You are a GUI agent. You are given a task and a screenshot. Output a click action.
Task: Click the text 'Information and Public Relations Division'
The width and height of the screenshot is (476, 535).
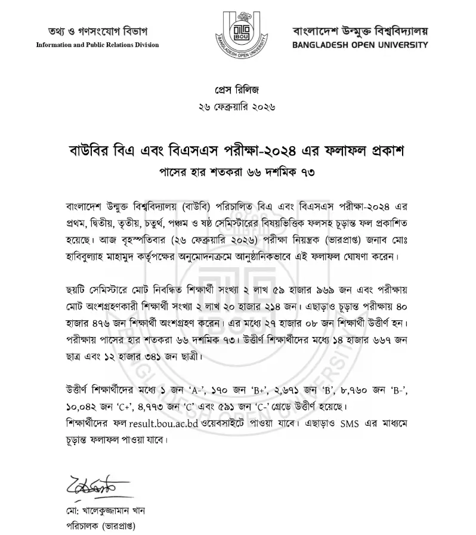pyautogui.click(x=98, y=45)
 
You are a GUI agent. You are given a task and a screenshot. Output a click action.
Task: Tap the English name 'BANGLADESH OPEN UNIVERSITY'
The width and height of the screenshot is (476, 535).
pyautogui.click(x=360, y=45)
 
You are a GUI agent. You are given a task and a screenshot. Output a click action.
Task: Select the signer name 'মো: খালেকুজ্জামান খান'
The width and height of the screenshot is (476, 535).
pyautogui.click(x=98, y=511)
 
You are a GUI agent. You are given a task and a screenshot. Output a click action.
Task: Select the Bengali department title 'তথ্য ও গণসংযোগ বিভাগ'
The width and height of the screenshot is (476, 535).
pyautogui.click(x=98, y=31)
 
